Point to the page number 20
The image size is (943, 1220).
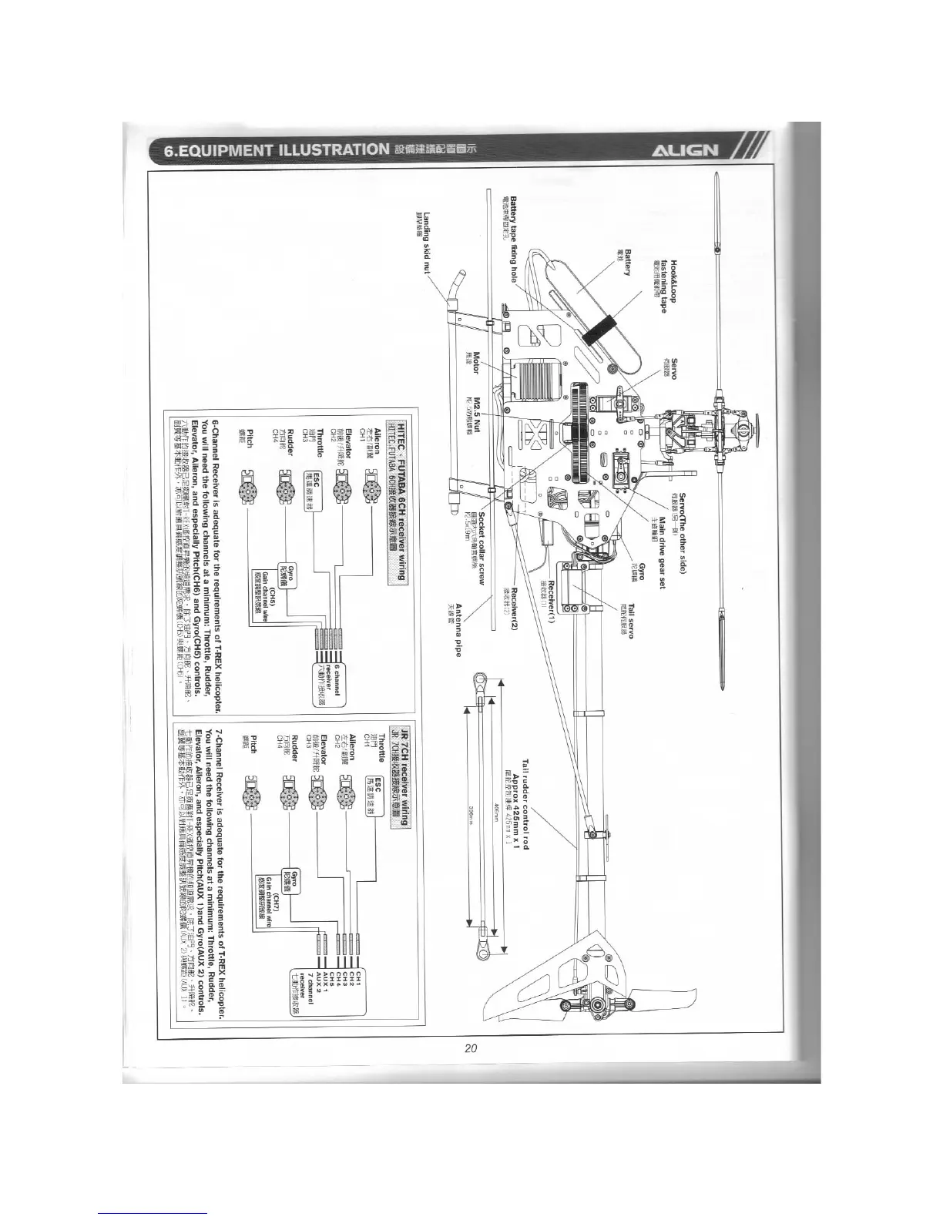tap(471, 1047)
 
